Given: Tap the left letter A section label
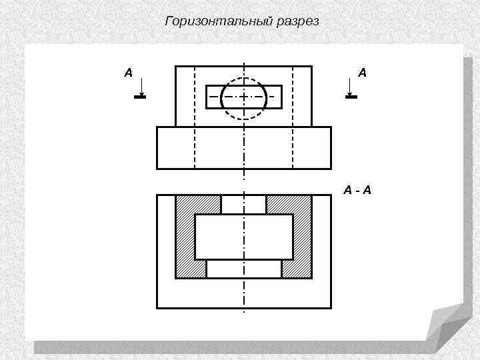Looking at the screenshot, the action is (x=128, y=73).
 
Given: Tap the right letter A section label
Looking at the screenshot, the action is (x=361, y=73).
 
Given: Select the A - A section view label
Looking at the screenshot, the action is (x=358, y=191).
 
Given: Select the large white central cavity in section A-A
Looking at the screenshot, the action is (x=244, y=237).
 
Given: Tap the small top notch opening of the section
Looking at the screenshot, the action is (x=244, y=204).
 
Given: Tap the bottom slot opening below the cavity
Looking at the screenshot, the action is (x=244, y=268).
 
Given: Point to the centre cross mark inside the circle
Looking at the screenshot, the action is (x=244, y=97).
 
